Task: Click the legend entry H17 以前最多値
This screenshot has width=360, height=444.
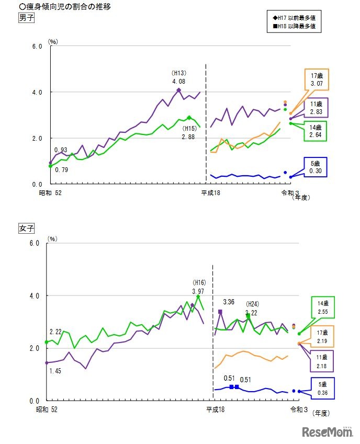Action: point(293,17)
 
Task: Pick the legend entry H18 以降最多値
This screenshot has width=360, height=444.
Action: point(293,26)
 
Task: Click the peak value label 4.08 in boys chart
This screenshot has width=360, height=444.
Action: point(178,81)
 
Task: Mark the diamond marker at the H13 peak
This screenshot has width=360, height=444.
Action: point(178,90)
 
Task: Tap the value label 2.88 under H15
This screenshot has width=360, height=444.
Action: point(189,136)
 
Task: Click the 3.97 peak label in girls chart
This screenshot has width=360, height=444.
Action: point(198,291)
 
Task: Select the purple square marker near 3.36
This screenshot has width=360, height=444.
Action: point(220,312)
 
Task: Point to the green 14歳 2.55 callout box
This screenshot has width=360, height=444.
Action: point(322,307)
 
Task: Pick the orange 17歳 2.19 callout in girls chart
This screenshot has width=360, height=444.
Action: point(322,336)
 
